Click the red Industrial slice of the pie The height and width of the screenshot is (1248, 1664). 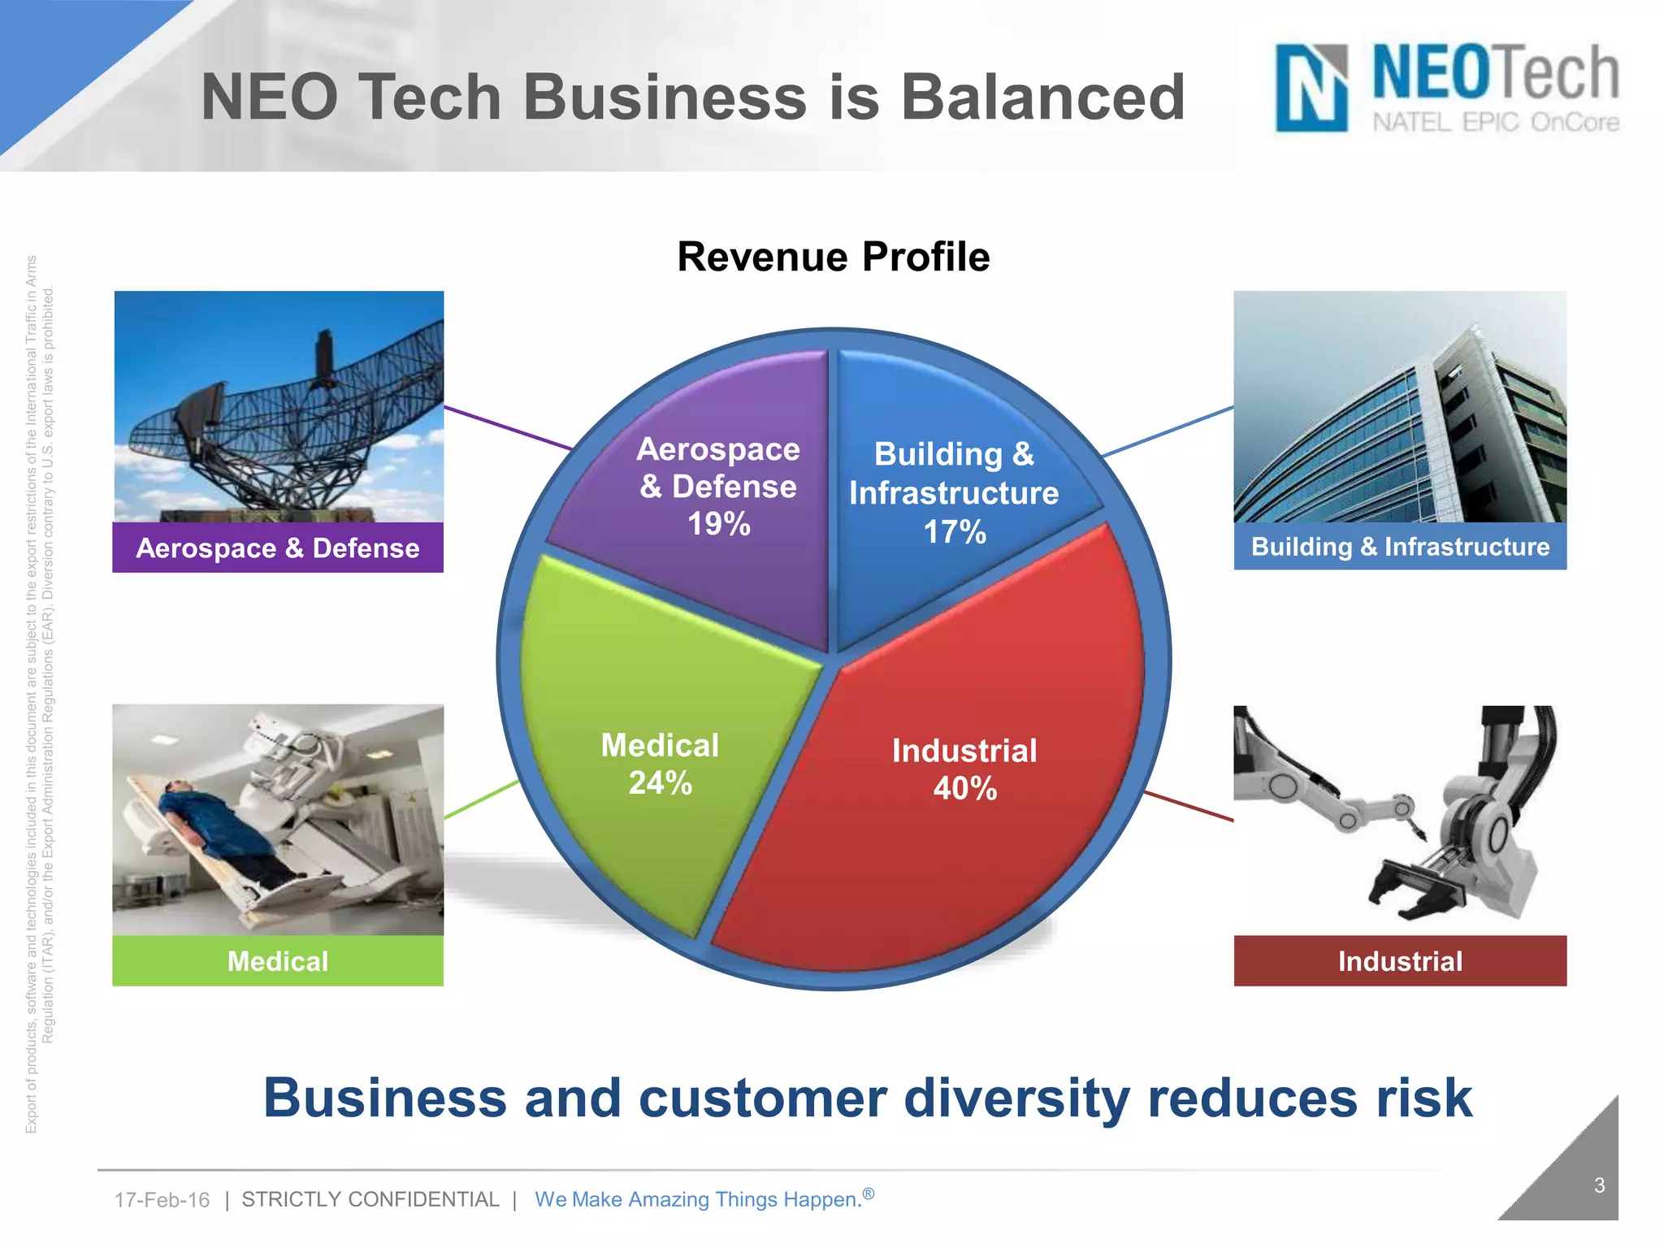click(975, 853)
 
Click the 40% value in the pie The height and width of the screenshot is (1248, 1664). click(964, 788)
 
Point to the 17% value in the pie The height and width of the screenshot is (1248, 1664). click(955, 532)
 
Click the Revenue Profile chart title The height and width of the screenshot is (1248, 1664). click(833, 257)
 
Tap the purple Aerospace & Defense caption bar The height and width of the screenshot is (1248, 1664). click(278, 548)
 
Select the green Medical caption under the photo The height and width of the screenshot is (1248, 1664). click(278, 961)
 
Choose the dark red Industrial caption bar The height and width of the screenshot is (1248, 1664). click(1400, 961)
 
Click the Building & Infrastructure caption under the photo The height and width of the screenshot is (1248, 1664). click(1400, 547)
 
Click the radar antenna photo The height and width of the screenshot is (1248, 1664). click(279, 406)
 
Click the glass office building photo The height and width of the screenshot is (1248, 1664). click(1400, 406)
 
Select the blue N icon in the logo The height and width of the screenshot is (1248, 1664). click(1311, 88)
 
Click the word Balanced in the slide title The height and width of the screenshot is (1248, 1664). click(1043, 97)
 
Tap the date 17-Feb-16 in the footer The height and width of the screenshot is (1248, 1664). click(162, 1200)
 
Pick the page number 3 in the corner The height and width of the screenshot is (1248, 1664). click(1599, 1185)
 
